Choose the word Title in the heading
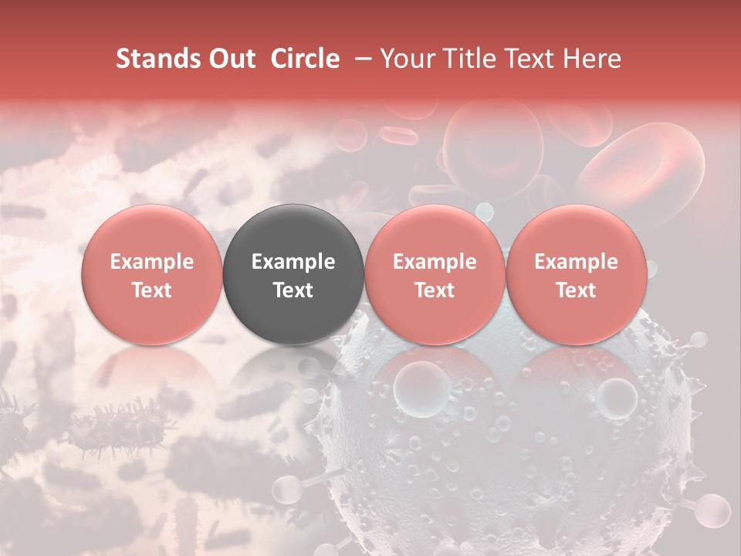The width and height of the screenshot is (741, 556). click(466, 59)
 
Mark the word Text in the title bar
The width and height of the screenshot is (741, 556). click(527, 59)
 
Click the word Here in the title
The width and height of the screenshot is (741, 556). click(593, 59)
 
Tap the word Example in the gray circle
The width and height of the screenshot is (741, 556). click(293, 262)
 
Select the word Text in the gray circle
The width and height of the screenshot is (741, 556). click(293, 290)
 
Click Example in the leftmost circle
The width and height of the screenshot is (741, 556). click(152, 262)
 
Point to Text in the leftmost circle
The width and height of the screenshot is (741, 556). click(152, 290)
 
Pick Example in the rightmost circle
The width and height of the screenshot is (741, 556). click(577, 262)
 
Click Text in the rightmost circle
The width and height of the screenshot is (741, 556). click(577, 290)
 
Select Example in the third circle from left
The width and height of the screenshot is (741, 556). click(435, 262)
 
